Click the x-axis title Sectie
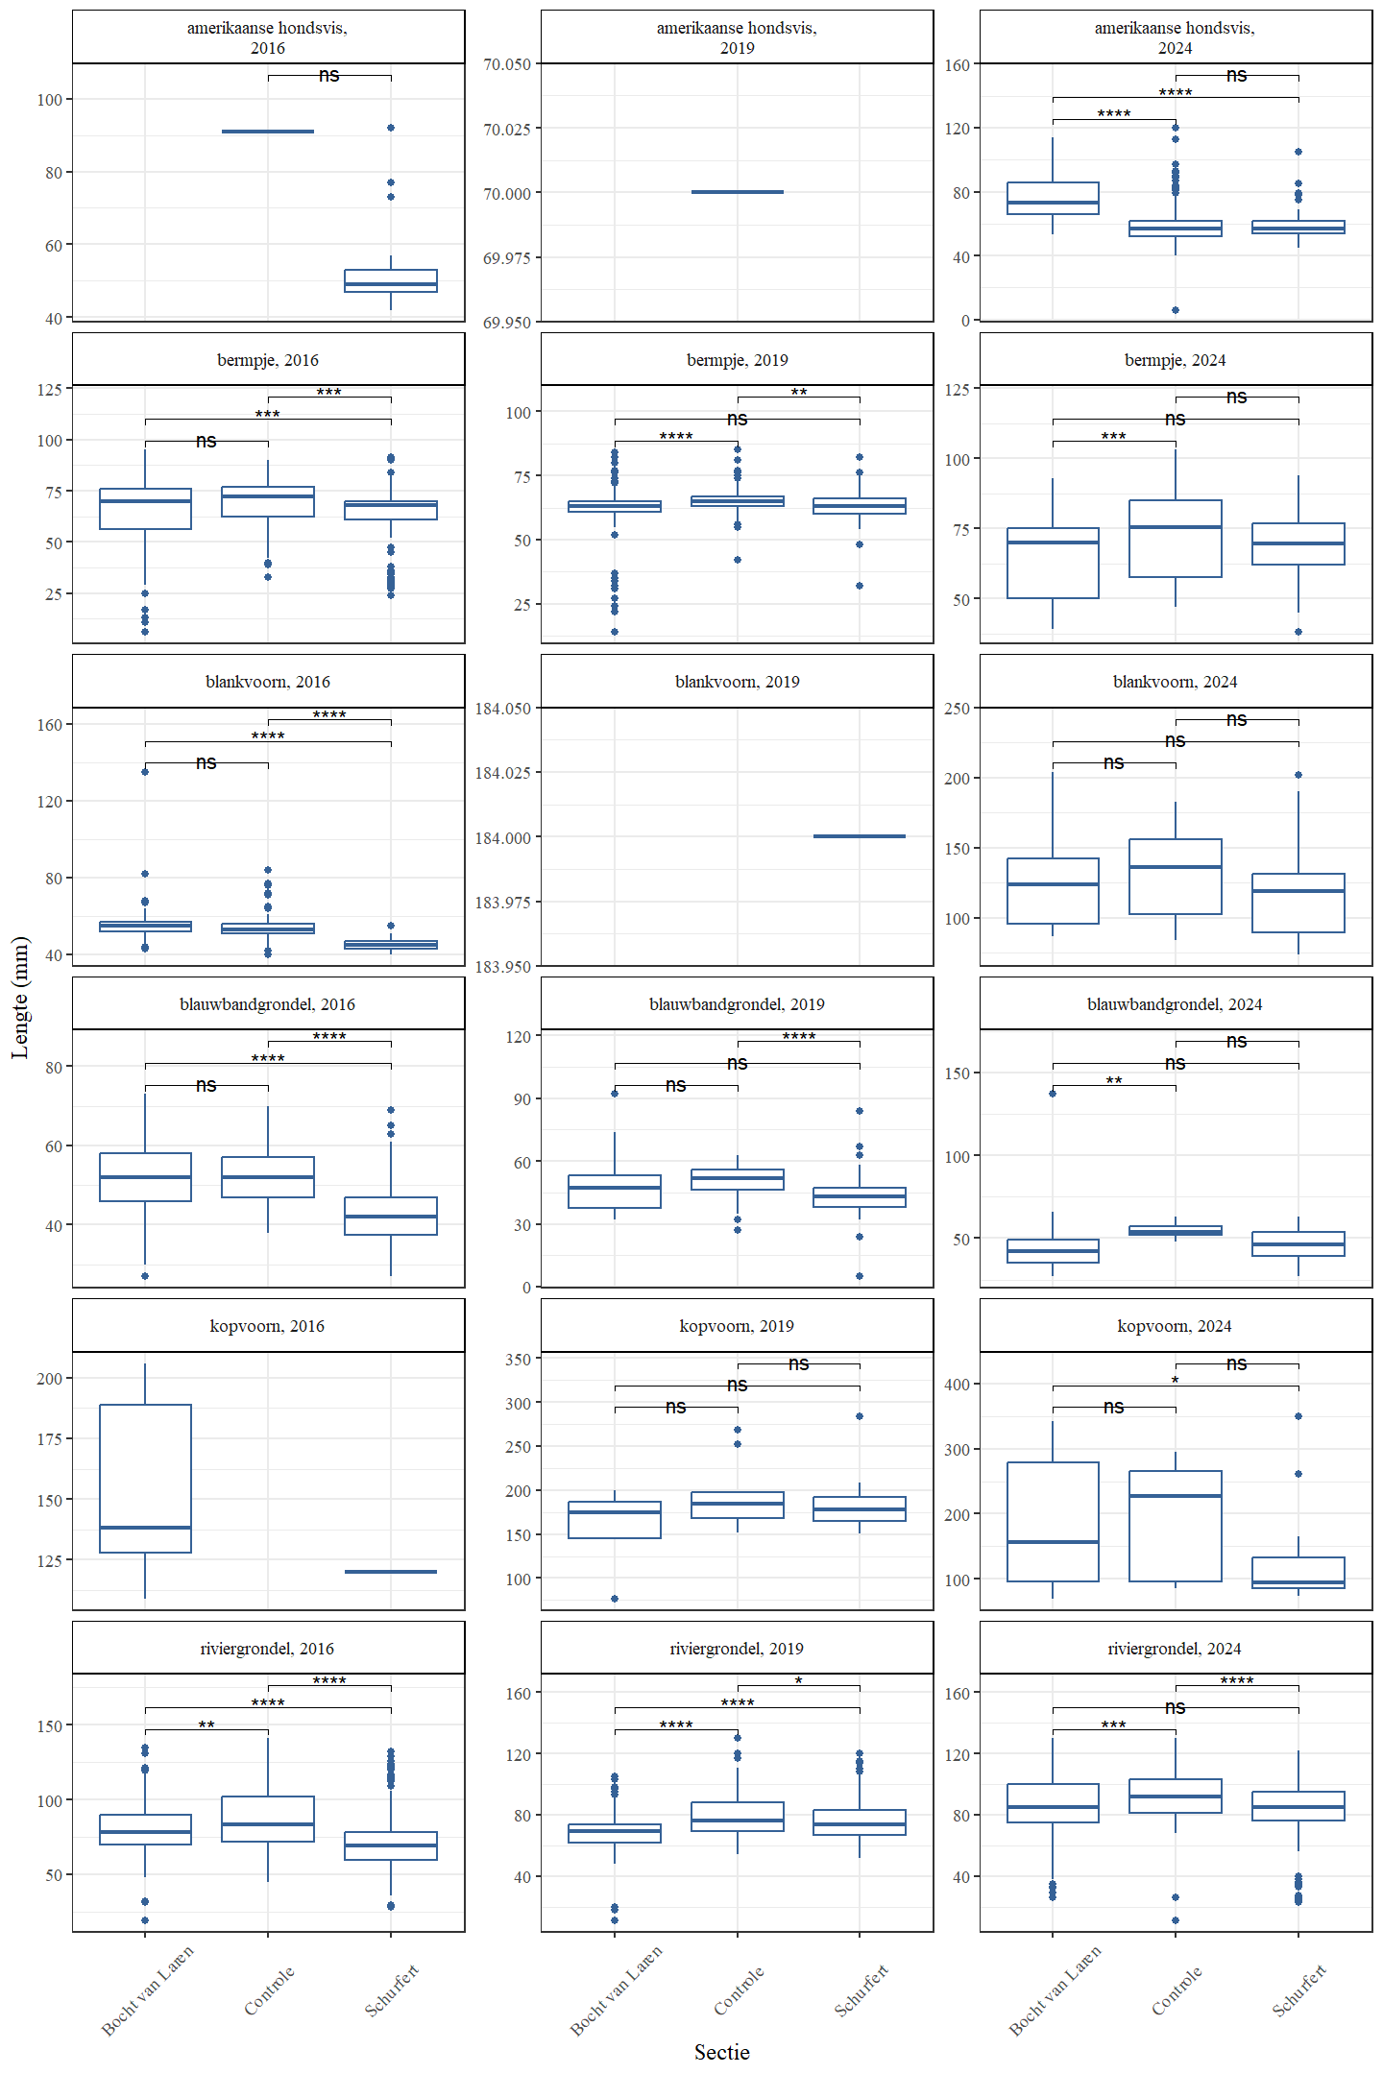721,2052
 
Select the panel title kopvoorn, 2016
267,1326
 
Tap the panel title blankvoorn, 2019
737,682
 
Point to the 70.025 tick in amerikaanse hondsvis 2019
506,129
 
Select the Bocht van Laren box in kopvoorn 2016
145,1479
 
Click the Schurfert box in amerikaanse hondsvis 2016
391,281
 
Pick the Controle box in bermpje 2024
1175,539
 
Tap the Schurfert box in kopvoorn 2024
1298,1573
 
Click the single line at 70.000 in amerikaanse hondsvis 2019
737,192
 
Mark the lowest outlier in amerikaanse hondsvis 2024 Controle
1175,310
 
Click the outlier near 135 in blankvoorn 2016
145,772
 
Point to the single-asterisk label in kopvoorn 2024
1175,1381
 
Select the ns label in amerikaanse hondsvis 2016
328,75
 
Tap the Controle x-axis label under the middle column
740,1990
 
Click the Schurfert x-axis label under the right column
1299,1990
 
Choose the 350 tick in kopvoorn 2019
518,1360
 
